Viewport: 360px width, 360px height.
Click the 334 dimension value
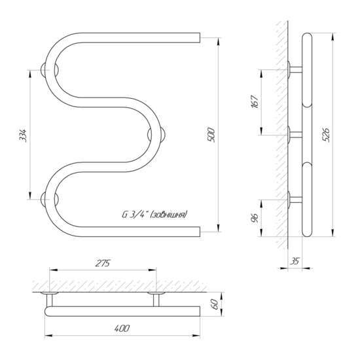click(x=23, y=136)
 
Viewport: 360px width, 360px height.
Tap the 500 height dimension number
click(x=211, y=135)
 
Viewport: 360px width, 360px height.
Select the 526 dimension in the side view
click(x=326, y=135)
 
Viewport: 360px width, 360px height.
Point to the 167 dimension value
click(x=255, y=101)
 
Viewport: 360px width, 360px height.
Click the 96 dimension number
click(x=255, y=218)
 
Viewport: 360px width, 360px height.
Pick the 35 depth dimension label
click(x=295, y=261)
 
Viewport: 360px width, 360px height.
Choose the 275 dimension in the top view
click(x=103, y=263)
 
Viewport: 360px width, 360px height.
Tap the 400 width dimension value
click(x=122, y=329)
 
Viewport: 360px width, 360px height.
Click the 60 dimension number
click(x=215, y=304)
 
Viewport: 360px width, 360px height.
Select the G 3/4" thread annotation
click(x=154, y=215)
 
